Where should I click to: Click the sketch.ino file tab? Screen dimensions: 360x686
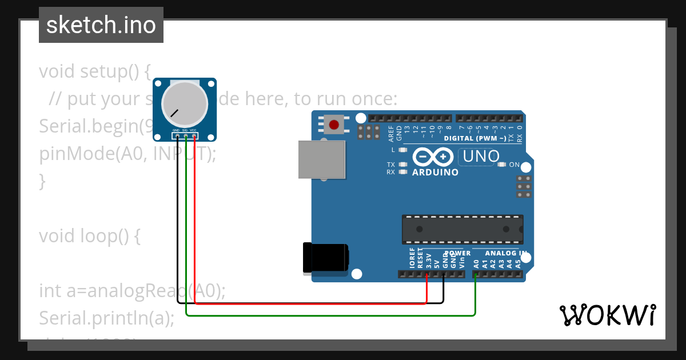101,25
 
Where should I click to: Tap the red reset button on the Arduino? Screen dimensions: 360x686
333,124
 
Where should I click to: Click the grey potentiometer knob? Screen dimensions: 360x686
185,105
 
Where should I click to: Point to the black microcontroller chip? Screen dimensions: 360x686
462,229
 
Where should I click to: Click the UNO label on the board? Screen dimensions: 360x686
481,156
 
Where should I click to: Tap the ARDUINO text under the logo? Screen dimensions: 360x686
435,172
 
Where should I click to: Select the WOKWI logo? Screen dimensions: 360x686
607,315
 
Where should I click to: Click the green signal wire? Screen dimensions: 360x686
332,315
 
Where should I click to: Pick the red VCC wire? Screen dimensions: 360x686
309,303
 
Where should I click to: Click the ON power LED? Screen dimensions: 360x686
502,165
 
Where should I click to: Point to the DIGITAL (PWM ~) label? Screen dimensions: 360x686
474,138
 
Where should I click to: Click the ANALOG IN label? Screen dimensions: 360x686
506,253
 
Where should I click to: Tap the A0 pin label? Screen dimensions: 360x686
476,263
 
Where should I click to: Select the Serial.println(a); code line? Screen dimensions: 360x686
106,318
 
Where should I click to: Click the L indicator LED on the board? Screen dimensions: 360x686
403,150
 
